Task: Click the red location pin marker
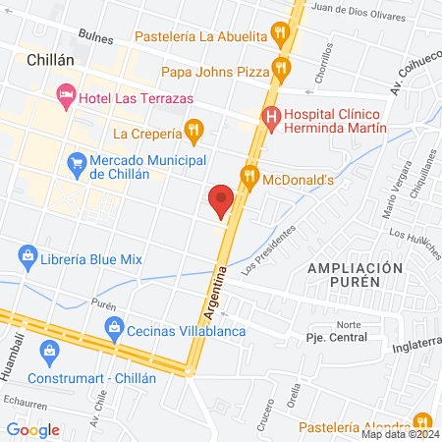tap(222, 199)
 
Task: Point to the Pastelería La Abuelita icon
tap(282, 36)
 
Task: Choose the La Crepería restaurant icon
tap(194, 130)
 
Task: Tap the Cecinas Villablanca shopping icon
tap(114, 328)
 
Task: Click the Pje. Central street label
tap(336, 337)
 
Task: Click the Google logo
tap(33, 429)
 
